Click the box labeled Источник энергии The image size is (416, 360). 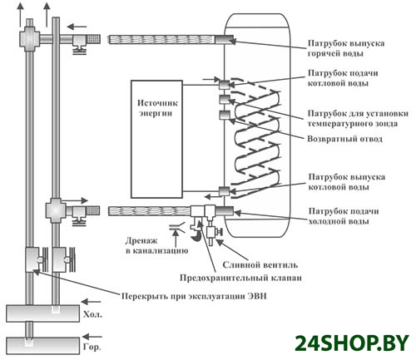pos(156,139)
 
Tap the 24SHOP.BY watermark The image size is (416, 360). pos(352,343)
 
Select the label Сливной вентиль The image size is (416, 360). pos(260,265)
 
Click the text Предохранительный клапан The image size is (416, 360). pos(240,278)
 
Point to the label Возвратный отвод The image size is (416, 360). pos(344,139)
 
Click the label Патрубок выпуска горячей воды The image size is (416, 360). pos(346,48)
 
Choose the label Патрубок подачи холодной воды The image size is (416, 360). pos(344,216)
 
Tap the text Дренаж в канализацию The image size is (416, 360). pos(156,245)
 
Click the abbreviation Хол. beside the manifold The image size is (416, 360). pos(92,314)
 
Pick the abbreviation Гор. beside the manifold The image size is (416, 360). pos(92,347)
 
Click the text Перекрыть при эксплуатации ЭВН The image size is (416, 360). pos(194,296)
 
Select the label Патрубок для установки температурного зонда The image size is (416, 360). pos(358,118)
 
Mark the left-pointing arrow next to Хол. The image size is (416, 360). pos(92,302)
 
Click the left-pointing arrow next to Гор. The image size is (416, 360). pos(92,337)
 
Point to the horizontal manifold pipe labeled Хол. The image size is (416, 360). pos(43,313)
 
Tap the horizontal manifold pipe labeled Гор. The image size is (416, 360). pos(43,346)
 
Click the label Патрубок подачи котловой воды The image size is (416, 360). pos(343,78)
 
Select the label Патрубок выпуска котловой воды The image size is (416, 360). pos(347,182)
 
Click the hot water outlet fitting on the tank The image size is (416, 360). pos(224,39)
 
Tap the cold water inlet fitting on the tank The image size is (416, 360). pos(224,211)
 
